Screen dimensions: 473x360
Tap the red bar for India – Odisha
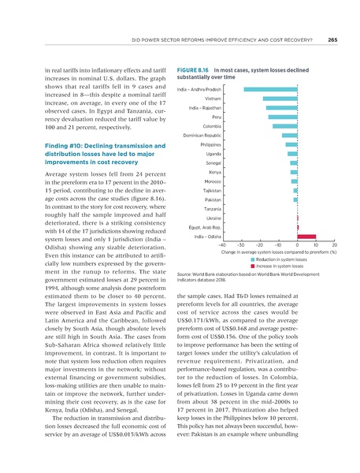click(307, 236)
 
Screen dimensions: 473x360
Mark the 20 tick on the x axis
click(335, 245)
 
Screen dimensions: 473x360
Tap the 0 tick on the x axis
click(298, 245)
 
